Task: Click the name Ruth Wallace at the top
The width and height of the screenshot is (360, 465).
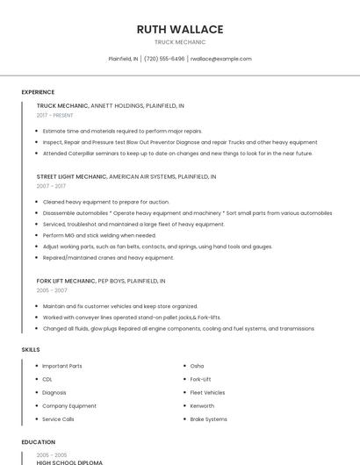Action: click(x=180, y=29)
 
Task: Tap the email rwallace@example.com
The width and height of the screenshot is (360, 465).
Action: click(x=220, y=59)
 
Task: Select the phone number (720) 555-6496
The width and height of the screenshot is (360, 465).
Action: click(x=164, y=59)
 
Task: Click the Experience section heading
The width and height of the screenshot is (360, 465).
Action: click(x=38, y=92)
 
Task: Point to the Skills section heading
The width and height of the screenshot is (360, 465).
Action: click(x=31, y=350)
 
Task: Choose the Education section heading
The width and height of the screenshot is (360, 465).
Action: click(x=39, y=442)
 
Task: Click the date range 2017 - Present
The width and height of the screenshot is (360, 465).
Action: click(x=55, y=115)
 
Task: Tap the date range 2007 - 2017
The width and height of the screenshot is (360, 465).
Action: click(x=51, y=186)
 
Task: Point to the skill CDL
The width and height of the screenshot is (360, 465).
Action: click(x=47, y=379)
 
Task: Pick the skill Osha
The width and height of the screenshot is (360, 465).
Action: click(x=197, y=366)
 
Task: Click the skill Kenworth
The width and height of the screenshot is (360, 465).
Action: click(x=203, y=406)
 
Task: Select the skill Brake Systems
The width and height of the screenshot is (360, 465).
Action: click(x=209, y=419)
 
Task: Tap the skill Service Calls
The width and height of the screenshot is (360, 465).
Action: click(x=58, y=419)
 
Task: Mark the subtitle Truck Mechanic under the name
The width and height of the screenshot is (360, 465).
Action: click(x=180, y=42)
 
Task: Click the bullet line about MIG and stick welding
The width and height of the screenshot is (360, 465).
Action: click(x=99, y=235)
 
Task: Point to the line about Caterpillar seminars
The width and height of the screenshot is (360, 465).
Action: click(x=177, y=154)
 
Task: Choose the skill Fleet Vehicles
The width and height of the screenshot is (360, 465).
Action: click(x=207, y=392)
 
